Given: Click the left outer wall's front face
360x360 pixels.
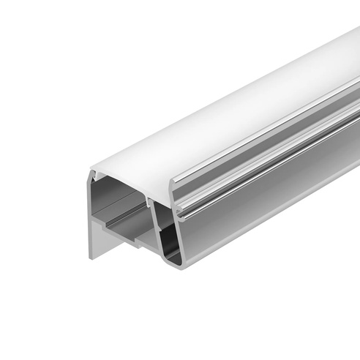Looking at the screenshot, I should (x=92, y=220).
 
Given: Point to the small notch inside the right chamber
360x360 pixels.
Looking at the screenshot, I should (x=162, y=220).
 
